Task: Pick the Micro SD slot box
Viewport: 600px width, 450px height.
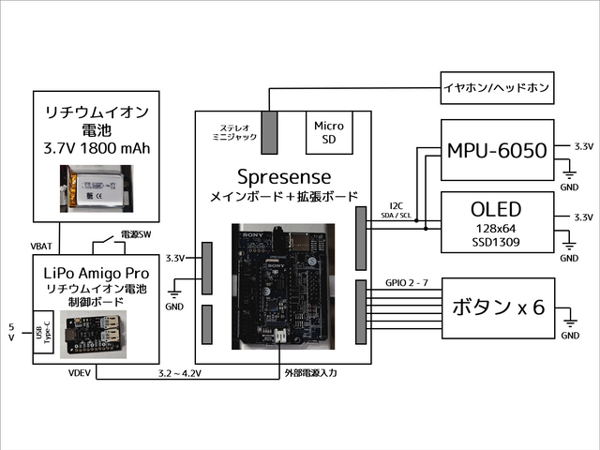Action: pyautogui.click(x=328, y=132)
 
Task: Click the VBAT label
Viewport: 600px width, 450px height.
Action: pyautogui.click(x=41, y=246)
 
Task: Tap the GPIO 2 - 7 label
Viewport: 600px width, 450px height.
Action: pyautogui.click(x=408, y=281)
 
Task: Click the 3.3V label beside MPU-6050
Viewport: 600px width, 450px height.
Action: pyautogui.click(x=583, y=147)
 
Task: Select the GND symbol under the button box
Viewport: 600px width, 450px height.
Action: pyautogui.click(x=569, y=331)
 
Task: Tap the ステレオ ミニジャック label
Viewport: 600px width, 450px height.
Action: pyautogui.click(x=234, y=132)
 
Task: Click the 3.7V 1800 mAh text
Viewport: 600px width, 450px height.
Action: pyautogui.click(x=97, y=148)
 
